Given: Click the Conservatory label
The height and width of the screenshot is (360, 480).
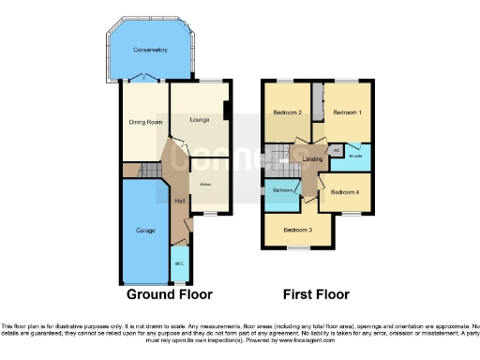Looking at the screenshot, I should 150,50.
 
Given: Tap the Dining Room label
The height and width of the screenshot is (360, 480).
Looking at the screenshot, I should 145,123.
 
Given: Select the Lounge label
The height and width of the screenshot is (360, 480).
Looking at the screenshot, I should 198,119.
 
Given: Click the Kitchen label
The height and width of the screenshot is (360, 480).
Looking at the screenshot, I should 204,184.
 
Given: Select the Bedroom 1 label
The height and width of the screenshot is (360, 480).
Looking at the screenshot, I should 348,112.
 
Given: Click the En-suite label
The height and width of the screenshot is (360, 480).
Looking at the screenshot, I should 355,156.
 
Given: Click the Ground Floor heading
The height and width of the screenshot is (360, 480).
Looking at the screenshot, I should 170,293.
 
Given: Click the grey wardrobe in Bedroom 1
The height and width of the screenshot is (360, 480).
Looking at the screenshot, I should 319,101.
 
